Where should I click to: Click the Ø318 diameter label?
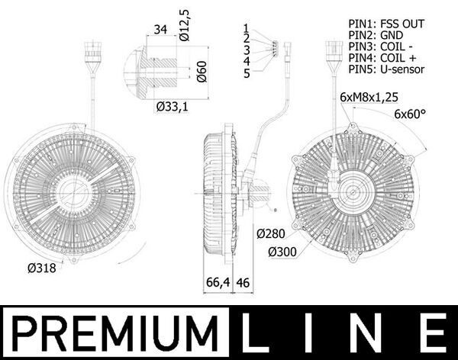point(41,268)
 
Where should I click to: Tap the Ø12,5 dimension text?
point(184,25)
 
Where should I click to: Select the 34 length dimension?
point(160,30)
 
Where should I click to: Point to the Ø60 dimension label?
point(202,72)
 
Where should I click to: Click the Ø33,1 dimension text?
point(172,107)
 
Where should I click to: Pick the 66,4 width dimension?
point(218,282)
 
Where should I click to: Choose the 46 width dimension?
point(243,282)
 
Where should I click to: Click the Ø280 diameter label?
point(270,233)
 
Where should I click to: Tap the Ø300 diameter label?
point(282,252)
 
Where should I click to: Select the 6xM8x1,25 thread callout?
point(369,97)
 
